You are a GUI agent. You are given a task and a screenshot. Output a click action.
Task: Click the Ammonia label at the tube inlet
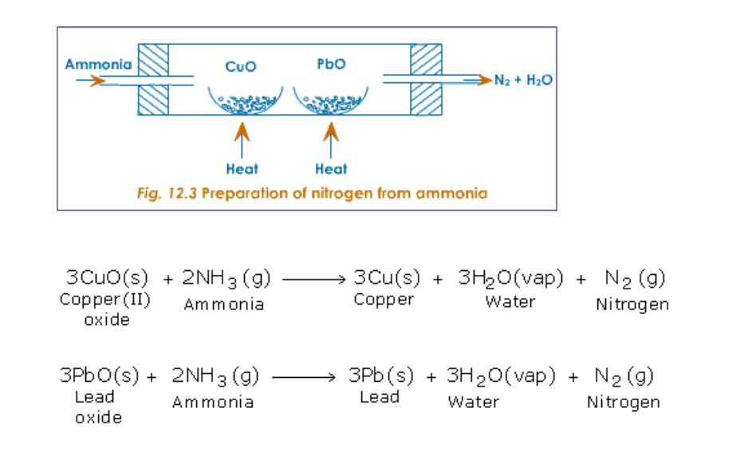[x=99, y=65]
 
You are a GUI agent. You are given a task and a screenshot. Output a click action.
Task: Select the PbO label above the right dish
[x=331, y=65]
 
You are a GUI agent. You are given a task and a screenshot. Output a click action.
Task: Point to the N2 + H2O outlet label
[x=524, y=80]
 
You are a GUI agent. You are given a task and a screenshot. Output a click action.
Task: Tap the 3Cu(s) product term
[x=387, y=278]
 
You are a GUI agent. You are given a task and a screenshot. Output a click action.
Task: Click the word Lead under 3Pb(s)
[x=380, y=397]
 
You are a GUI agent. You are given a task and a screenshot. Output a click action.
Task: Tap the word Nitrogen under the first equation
[x=632, y=304]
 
